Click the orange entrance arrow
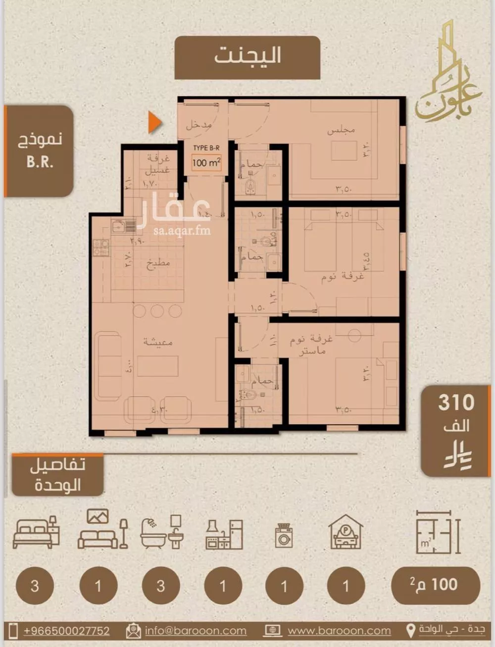(x=155, y=123)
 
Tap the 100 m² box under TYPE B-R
(x=206, y=162)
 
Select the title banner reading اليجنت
(x=247, y=56)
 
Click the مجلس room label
(x=341, y=130)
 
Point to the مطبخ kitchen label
(x=158, y=263)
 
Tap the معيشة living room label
(x=158, y=342)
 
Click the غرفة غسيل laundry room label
(x=157, y=164)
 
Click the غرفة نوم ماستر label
(x=311, y=345)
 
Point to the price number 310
(x=456, y=403)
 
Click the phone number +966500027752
(x=66, y=631)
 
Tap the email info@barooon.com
(x=196, y=631)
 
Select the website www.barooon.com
(x=339, y=631)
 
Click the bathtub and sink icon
(x=162, y=532)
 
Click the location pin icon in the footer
(x=410, y=631)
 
